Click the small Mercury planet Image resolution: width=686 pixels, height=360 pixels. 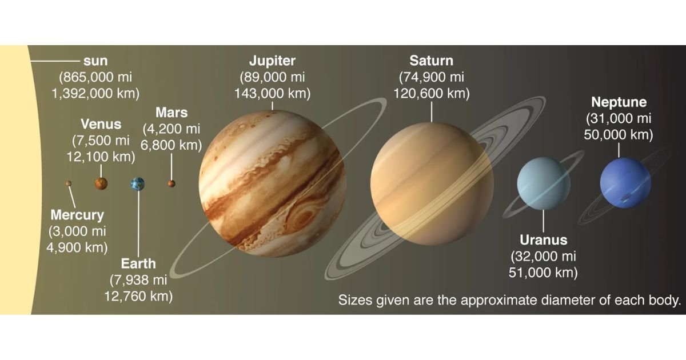68,183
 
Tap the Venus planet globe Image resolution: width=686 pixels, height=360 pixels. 101,183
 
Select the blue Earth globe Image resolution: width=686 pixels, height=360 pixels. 138,184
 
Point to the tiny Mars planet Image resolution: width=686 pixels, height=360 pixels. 171,183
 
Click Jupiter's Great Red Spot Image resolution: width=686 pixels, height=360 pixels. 303,217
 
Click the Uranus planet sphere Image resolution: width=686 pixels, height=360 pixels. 544,183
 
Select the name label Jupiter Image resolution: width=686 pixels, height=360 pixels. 272,61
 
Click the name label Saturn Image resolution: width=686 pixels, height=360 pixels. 431,61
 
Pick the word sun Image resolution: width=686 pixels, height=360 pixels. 95,61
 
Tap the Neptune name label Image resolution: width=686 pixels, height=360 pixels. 619,102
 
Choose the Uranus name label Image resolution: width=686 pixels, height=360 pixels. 543,239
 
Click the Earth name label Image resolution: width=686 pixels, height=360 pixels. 138,263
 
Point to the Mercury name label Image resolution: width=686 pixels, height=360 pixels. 77,215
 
